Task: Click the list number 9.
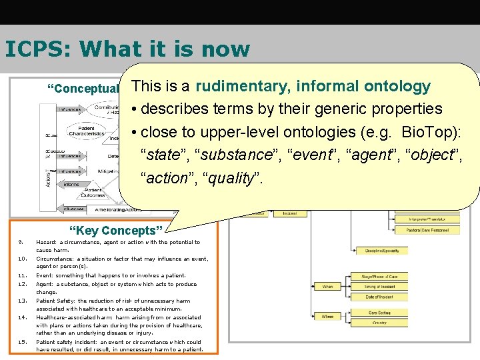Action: coord(21,243)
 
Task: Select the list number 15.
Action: coord(22,342)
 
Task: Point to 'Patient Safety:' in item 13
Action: coord(57,301)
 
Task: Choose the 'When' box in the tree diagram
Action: coord(327,287)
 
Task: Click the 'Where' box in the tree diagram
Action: coord(327,317)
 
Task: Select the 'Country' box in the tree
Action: coord(379,323)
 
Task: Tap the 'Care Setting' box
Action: coord(379,312)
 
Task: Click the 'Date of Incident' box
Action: coord(379,297)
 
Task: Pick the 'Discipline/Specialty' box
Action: coord(382,251)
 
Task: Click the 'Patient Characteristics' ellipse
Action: coord(87,131)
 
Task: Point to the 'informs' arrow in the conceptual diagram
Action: coord(71,185)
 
